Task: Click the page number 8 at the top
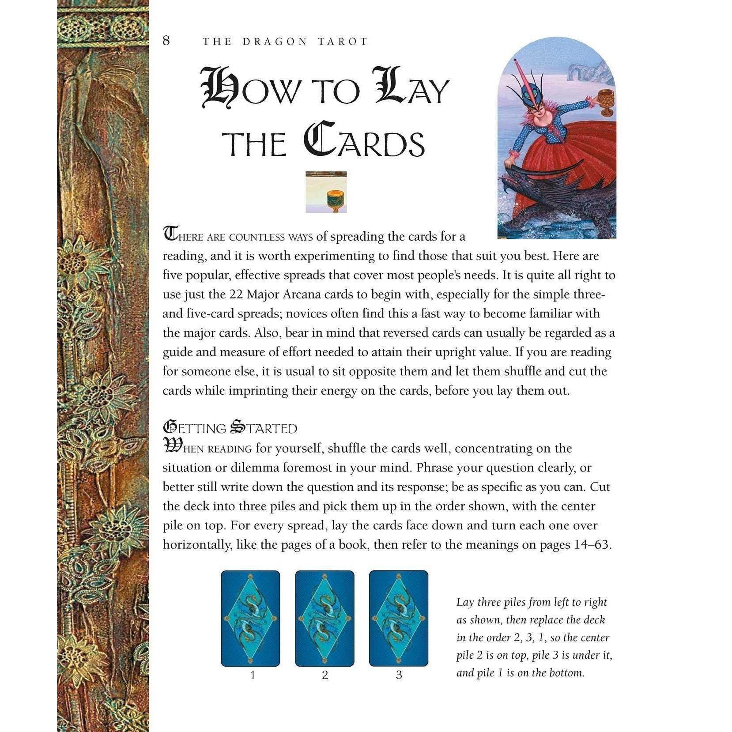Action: pyautogui.click(x=166, y=41)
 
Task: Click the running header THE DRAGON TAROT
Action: pyautogui.click(x=285, y=42)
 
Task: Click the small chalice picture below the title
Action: pyautogui.click(x=326, y=192)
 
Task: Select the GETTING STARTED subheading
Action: pyautogui.click(x=230, y=428)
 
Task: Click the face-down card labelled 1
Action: pyautogui.click(x=250, y=618)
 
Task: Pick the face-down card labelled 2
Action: pyautogui.click(x=324, y=618)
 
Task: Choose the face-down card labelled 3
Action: pyautogui.click(x=398, y=618)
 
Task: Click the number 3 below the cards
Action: pyautogui.click(x=399, y=675)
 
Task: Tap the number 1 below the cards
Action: pyautogui.click(x=253, y=675)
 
